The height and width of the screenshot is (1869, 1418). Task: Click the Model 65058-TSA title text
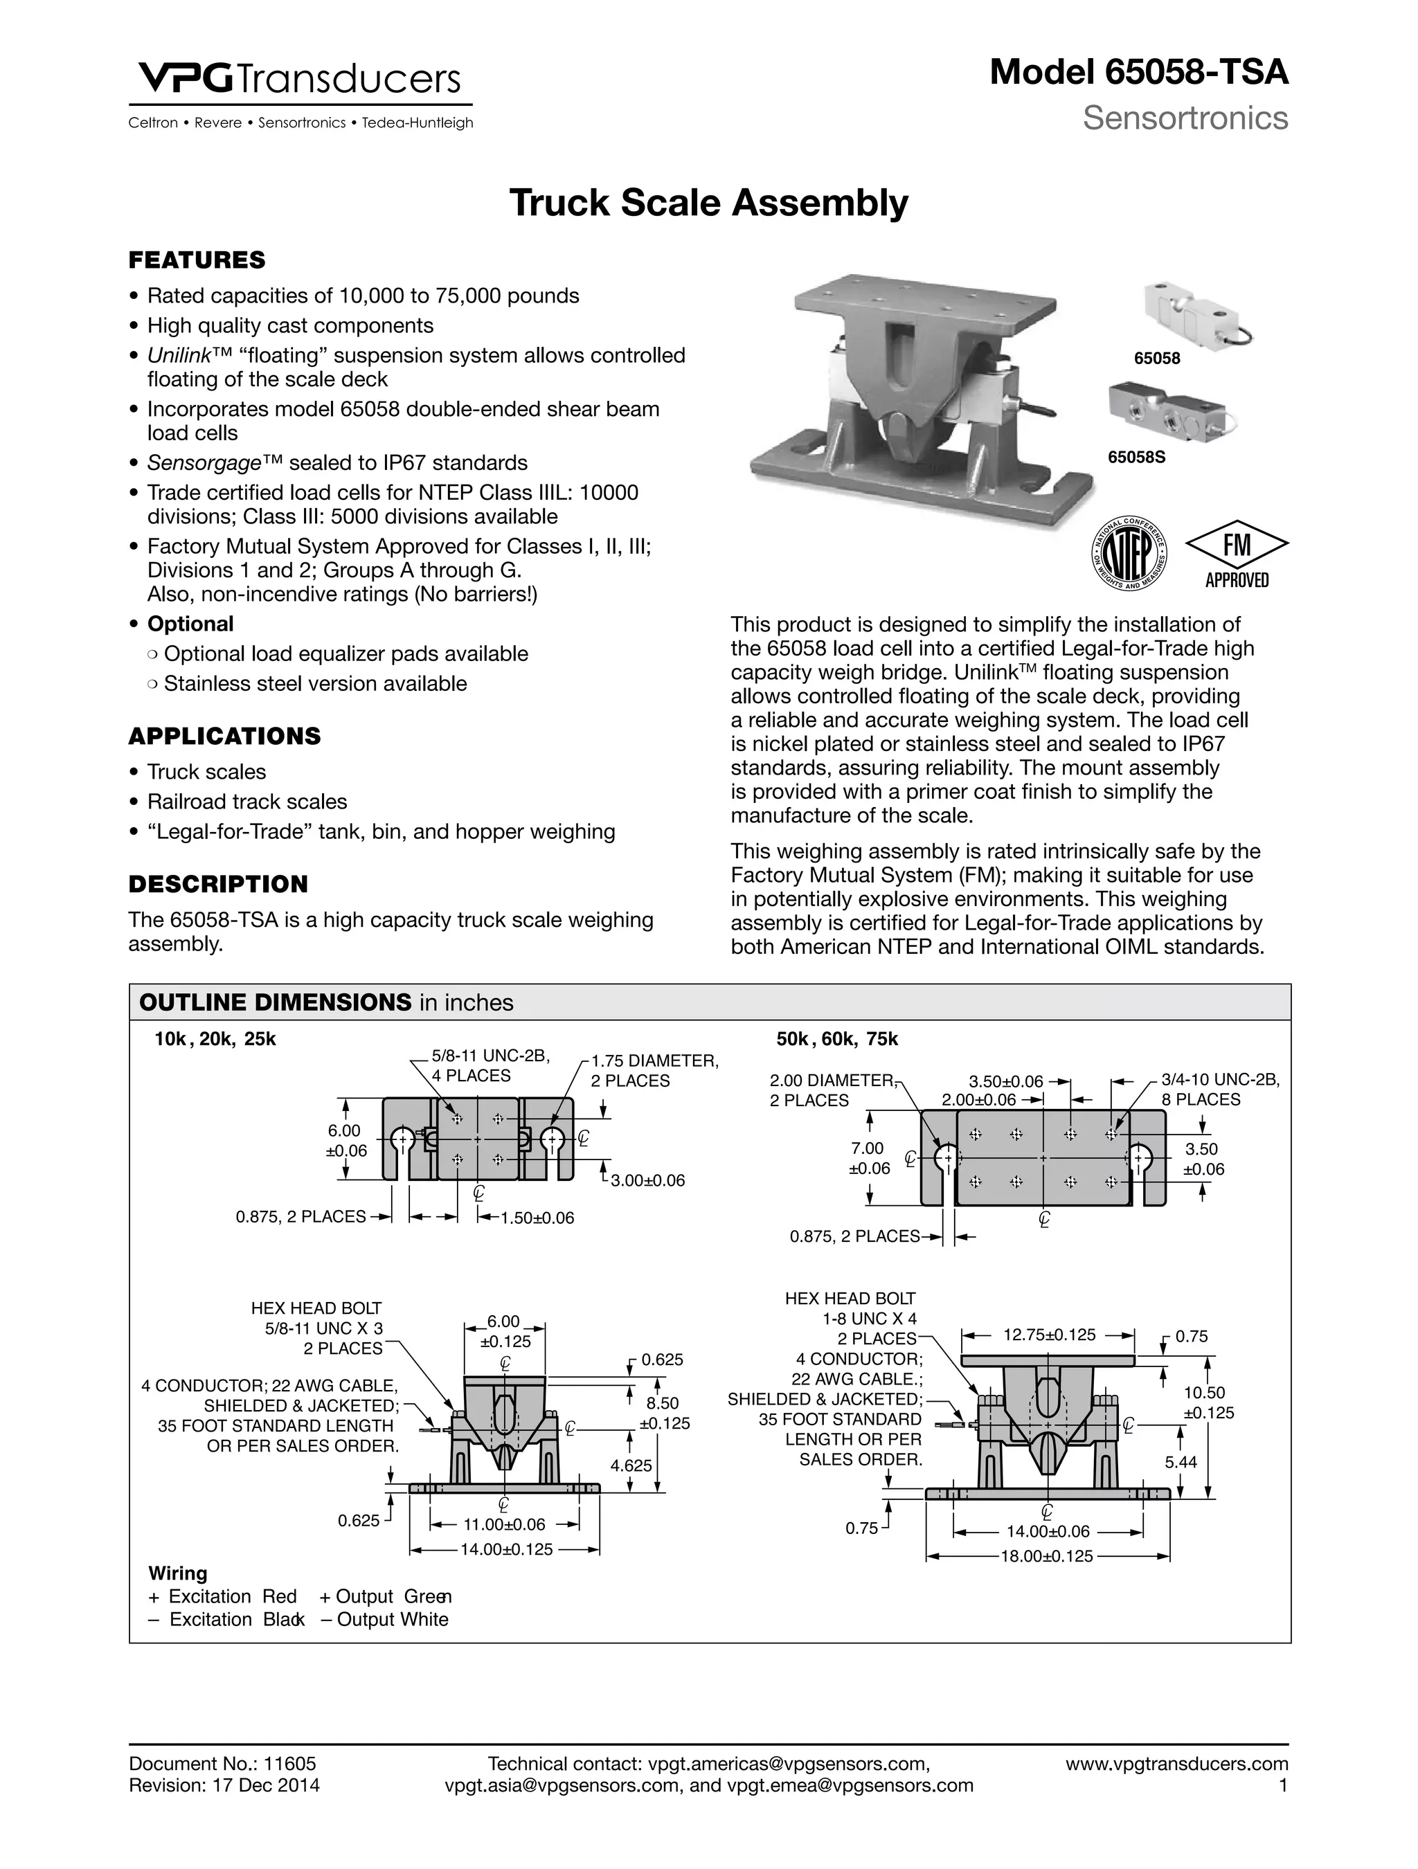coord(1138,73)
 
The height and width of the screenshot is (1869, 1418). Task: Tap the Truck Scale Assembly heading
coord(708,204)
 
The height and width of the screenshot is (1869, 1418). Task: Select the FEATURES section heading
coord(197,260)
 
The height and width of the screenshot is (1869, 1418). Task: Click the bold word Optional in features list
coord(190,624)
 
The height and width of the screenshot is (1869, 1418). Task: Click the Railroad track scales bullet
coord(246,801)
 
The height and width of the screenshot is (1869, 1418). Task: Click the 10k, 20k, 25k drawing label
coord(215,1039)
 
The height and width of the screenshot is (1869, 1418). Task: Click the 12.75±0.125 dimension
coord(1049,1335)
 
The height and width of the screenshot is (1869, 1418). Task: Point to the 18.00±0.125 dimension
coord(1047,1555)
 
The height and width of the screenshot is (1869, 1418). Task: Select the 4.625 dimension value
coord(631,1465)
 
